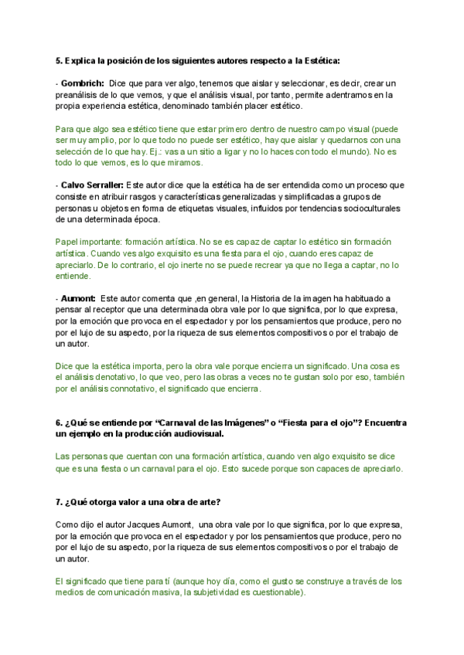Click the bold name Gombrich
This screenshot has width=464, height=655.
83,83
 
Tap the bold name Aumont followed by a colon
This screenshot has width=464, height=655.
78,298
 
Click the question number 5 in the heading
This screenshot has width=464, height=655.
58,60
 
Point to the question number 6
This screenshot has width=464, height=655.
58,423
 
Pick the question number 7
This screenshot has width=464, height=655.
58,502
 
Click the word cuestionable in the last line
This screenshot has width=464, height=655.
276,593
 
